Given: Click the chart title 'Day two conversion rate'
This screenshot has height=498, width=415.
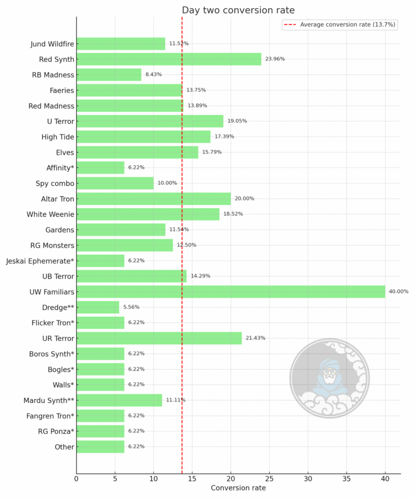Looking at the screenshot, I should (238, 10).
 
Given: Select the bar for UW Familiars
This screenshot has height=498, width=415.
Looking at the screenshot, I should (231, 291).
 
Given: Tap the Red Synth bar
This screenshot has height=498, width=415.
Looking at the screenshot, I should (169, 59).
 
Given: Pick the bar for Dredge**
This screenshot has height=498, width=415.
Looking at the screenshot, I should (98, 307).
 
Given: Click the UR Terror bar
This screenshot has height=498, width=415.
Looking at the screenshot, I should (159, 338).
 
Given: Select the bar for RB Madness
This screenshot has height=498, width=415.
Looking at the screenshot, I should (109, 74).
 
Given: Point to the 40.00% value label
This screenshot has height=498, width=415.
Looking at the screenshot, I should (398, 292).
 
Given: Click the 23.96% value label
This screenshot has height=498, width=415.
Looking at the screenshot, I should (275, 59).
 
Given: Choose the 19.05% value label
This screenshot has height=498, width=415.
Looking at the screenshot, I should (237, 121).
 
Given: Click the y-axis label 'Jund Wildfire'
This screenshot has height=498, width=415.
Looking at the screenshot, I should (52, 44).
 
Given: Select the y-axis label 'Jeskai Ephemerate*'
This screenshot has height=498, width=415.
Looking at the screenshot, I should (40, 261).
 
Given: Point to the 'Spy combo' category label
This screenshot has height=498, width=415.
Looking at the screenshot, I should (55, 183).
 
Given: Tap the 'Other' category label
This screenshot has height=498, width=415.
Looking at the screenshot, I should (65, 447).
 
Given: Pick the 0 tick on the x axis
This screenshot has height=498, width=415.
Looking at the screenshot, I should (76, 479).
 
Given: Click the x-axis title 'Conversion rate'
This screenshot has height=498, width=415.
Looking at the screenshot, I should (238, 488).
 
